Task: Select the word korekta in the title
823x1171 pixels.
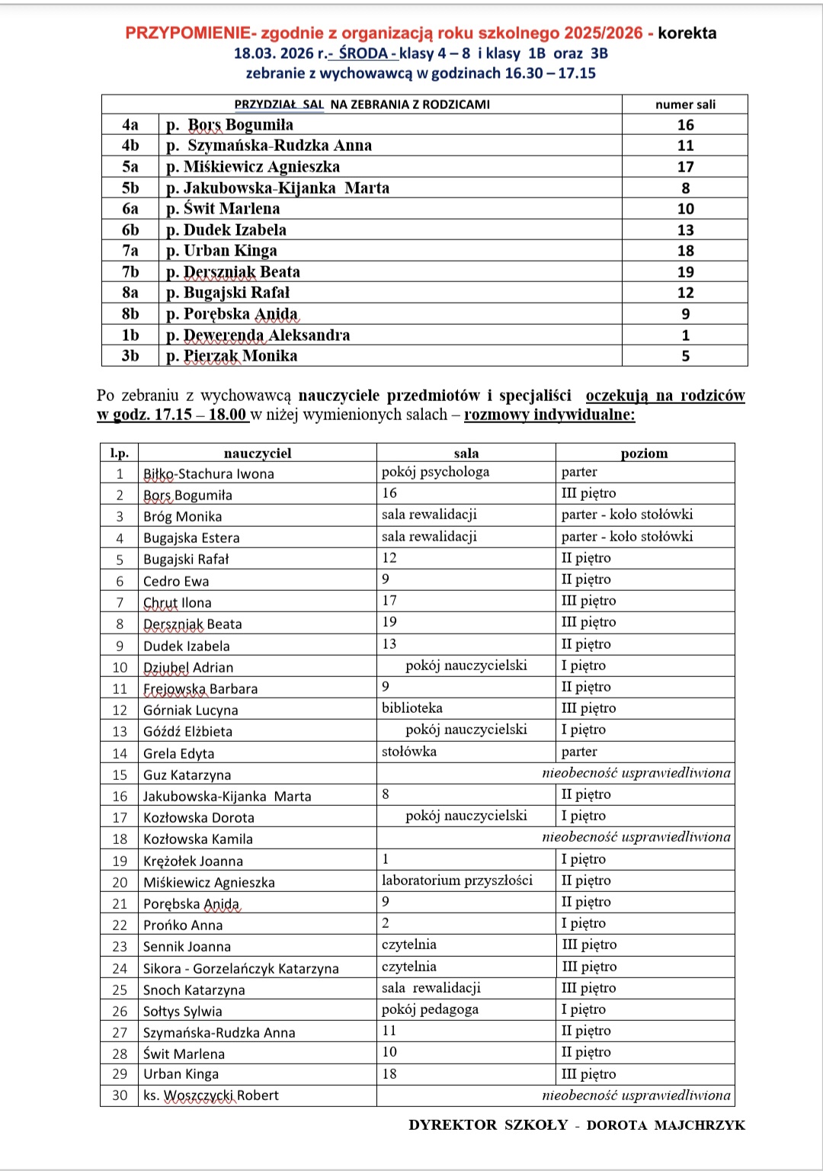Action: coord(687,33)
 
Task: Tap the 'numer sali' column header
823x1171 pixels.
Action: coord(685,104)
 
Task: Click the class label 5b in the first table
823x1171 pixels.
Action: coord(130,188)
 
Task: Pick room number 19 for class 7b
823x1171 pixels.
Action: coord(685,271)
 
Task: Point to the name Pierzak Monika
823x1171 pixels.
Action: coord(232,356)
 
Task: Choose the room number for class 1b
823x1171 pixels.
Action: coord(685,335)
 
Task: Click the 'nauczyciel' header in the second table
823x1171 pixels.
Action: coord(258,453)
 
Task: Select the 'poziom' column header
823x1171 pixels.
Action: coord(644,453)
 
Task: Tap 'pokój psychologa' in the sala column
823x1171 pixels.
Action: coord(435,472)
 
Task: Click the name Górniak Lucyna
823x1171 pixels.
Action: coord(191,710)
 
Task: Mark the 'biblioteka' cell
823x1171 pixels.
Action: coord(411,708)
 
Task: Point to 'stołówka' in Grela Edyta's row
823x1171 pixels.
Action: coord(409,752)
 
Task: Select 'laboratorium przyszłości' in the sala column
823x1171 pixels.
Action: coord(457,881)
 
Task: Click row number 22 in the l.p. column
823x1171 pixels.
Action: coord(120,925)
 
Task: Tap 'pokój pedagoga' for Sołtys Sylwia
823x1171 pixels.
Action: coord(430,1009)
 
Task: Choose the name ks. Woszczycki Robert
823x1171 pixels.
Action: coord(211,1096)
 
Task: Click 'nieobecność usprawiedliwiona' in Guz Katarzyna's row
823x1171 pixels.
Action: coord(636,773)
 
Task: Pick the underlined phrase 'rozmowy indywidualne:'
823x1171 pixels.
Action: coord(549,415)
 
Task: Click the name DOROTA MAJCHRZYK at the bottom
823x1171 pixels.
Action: coord(665,1125)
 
